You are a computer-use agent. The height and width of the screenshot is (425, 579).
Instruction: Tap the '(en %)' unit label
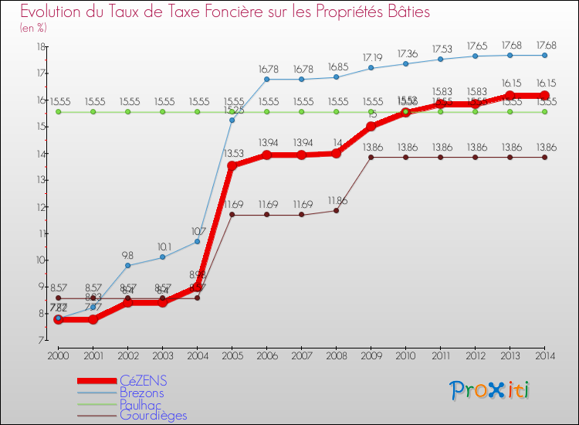(x=34, y=28)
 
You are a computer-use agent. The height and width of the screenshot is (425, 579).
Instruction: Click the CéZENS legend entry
(x=144, y=381)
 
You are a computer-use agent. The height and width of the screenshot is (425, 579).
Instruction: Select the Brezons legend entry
(x=142, y=393)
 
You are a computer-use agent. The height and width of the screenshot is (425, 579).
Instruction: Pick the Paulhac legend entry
(x=141, y=404)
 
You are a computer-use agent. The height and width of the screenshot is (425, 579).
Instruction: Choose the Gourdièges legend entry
(x=153, y=415)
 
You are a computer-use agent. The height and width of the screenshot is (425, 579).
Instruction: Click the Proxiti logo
(x=489, y=389)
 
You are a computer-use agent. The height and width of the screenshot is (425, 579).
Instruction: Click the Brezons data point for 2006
(x=266, y=79)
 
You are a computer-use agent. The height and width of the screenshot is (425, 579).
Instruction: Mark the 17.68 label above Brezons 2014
(x=544, y=44)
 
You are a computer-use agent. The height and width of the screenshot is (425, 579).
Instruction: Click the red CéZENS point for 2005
(x=232, y=165)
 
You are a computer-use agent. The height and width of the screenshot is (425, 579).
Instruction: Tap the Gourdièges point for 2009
(x=371, y=157)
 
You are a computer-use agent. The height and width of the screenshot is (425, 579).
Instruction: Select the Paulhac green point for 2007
(x=301, y=112)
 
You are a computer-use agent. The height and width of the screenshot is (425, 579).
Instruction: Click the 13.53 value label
(x=232, y=154)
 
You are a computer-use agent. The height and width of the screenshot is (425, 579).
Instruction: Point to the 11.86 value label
(x=336, y=199)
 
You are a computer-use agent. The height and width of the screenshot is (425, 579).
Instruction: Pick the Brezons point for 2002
(x=127, y=265)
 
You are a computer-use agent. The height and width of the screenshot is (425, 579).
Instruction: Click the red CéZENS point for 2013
(x=510, y=96)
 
